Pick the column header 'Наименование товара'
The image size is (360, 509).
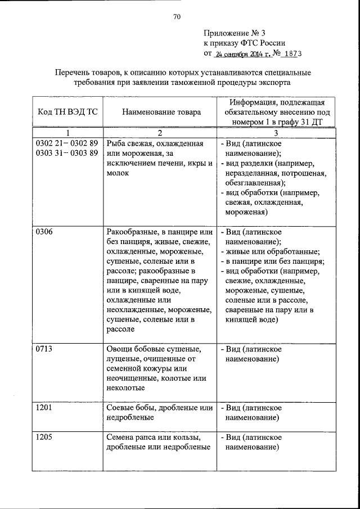(161, 112)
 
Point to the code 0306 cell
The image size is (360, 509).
(44, 232)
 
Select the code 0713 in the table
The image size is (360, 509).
(44, 349)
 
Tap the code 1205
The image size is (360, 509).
(44, 437)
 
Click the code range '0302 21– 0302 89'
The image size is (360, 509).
(67, 143)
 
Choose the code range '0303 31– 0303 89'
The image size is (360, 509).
(67, 153)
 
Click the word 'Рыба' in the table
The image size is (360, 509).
(116, 143)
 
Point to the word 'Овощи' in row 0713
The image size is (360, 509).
(118, 349)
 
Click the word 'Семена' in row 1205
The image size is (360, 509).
(120, 437)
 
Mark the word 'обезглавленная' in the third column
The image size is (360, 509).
(253, 183)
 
